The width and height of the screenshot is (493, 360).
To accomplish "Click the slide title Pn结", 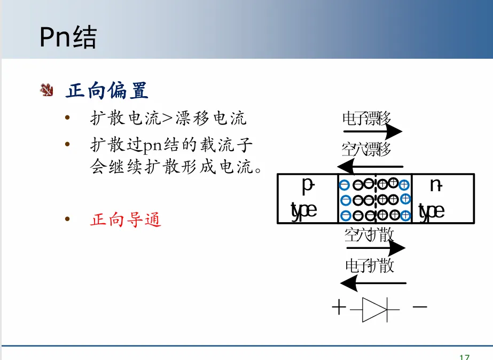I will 68,38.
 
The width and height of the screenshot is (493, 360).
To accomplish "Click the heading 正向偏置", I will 107,91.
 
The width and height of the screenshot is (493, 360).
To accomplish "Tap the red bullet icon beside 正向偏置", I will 47,90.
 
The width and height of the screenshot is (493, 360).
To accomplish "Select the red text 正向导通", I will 126,220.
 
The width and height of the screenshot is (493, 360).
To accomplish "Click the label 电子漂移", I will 366,118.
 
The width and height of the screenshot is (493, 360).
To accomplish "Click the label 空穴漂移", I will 366,149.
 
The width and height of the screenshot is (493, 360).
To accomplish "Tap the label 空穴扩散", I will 369,234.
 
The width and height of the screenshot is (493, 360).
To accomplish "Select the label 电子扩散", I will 369,265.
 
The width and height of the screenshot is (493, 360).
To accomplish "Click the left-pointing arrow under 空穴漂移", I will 371,166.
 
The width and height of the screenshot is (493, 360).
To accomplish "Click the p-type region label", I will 306,198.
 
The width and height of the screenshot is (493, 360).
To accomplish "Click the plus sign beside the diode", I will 339,308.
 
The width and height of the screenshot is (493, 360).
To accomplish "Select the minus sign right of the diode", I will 420,307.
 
